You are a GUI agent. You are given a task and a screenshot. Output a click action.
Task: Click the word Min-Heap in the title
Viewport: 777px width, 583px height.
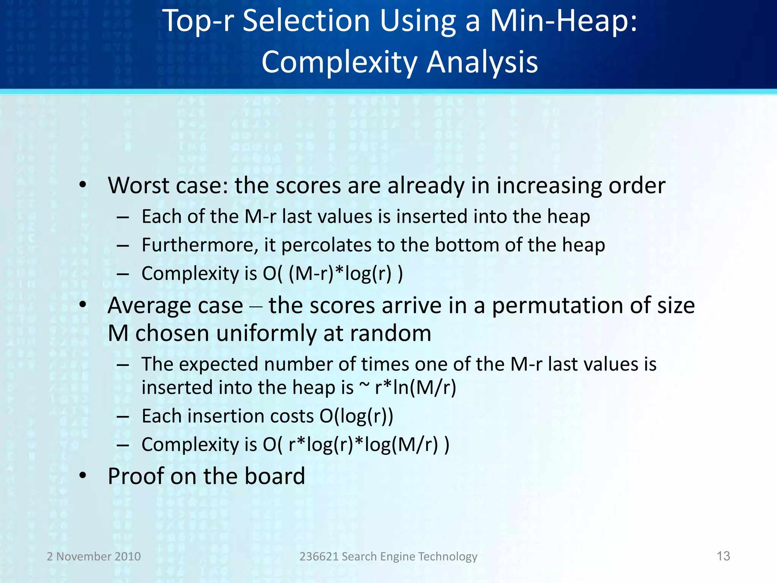[x=563, y=21]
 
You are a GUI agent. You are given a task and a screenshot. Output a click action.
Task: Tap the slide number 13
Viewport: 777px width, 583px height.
[x=723, y=556]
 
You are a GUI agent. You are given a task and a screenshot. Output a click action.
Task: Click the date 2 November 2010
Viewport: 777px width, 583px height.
[x=94, y=556]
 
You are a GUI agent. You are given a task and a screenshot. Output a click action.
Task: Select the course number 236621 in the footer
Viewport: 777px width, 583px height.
[x=319, y=556]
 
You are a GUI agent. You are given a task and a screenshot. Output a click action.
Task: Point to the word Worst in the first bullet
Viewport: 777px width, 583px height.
[x=138, y=186]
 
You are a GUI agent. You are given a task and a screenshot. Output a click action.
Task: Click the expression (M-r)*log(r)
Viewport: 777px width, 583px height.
[x=340, y=273]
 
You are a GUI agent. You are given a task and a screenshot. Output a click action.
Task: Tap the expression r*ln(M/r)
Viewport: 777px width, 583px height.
[x=415, y=388]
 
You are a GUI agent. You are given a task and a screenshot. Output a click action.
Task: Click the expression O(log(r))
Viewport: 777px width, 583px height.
[x=356, y=416]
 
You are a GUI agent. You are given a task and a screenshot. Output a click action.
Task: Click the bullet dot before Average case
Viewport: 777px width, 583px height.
[x=83, y=305]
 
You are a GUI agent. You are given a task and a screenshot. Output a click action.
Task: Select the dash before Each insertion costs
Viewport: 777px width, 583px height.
[x=123, y=416]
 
